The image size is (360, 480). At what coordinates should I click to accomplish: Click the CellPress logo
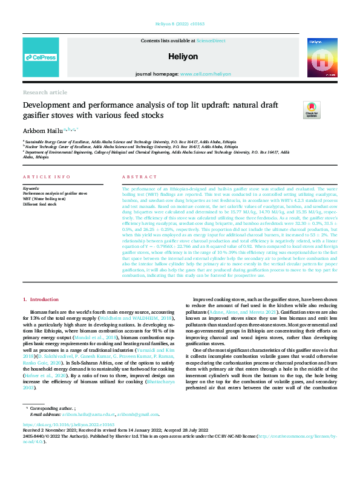pyautogui.click(x=41, y=57)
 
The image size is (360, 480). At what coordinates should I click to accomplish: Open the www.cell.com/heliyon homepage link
pyautogui.click(x=205, y=74)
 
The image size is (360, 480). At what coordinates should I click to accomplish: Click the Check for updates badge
pyautogui.click(x=312, y=109)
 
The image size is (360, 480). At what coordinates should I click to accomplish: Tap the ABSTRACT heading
pyautogui.click(x=136, y=177)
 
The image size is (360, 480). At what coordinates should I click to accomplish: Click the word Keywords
pyautogui.click(x=30, y=188)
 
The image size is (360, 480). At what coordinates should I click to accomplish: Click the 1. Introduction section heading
pyautogui.click(x=41, y=300)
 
